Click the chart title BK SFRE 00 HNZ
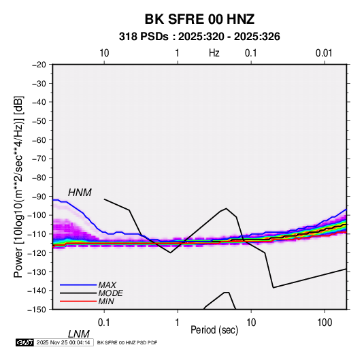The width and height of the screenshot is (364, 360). (x=199, y=19)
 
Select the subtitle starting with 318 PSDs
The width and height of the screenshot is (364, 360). (x=199, y=37)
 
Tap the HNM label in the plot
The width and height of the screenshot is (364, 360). (x=80, y=193)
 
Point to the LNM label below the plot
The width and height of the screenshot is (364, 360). (x=79, y=334)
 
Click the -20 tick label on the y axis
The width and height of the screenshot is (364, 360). (x=39, y=65)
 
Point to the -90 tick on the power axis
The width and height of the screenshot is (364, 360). (x=39, y=196)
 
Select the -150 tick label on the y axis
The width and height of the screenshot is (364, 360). (x=37, y=310)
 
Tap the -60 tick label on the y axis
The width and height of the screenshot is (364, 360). (x=39, y=140)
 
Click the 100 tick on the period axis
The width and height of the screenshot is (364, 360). (x=325, y=323)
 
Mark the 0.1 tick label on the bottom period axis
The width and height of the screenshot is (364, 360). (x=104, y=323)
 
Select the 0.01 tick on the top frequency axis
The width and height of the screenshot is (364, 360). (x=324, y=53)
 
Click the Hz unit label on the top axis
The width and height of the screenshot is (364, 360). (x=214, y=53)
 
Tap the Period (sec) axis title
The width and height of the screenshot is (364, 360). (x=214, y=330)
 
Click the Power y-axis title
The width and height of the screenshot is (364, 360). (x=18, y=187)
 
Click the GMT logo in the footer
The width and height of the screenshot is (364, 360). (x=24, y=342)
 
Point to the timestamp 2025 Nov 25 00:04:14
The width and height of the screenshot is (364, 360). (x=63, y=342)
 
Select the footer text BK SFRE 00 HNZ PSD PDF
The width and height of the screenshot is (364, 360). (x=127, y=342)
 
